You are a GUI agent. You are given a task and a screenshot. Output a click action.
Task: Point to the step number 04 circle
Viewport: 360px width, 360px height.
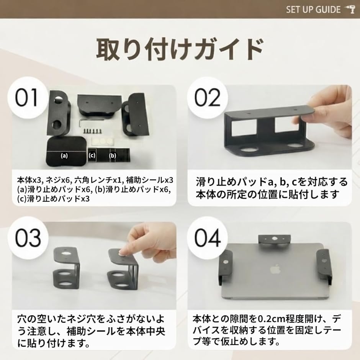pyautogui.click(x=207, y=237)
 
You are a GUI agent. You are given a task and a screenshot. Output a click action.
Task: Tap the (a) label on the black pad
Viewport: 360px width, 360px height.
pyautogui.click(x=64, y=155)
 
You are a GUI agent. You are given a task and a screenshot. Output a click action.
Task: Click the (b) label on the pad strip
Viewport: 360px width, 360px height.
pyautogui.click(x=113, y=155)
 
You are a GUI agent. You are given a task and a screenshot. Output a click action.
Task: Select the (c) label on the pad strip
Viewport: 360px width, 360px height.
pyautogui.click(x=92, y=155)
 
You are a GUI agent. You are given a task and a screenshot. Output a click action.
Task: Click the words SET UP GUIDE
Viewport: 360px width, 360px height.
pyautogui.click(x=313, y=10)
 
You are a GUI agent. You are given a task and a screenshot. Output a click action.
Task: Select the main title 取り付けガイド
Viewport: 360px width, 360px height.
pyautogui.click(x=180, y=49)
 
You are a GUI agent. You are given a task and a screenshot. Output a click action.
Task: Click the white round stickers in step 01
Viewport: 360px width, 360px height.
pyautogui.click(x=100, y=141)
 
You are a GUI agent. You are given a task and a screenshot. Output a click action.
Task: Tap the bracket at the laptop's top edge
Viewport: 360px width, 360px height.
pyautogui.click(x=275, y=241)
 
